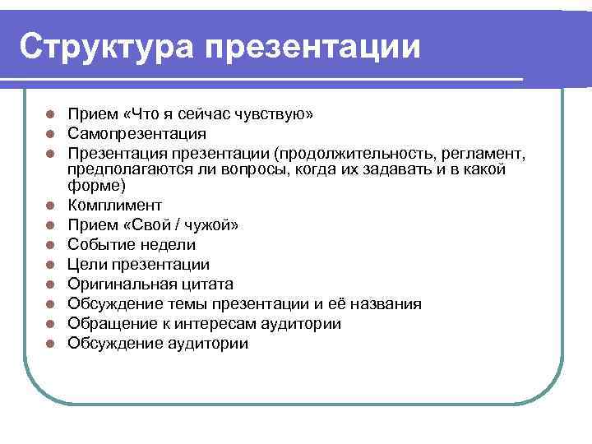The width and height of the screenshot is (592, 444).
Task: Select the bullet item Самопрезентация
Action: pyautogui.click(x=137, y=133)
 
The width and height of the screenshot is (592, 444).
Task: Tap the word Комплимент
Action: pyautogui.click(x=115, y=206)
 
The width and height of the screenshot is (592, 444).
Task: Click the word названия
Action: pyautogui.click(x=383, y=304)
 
